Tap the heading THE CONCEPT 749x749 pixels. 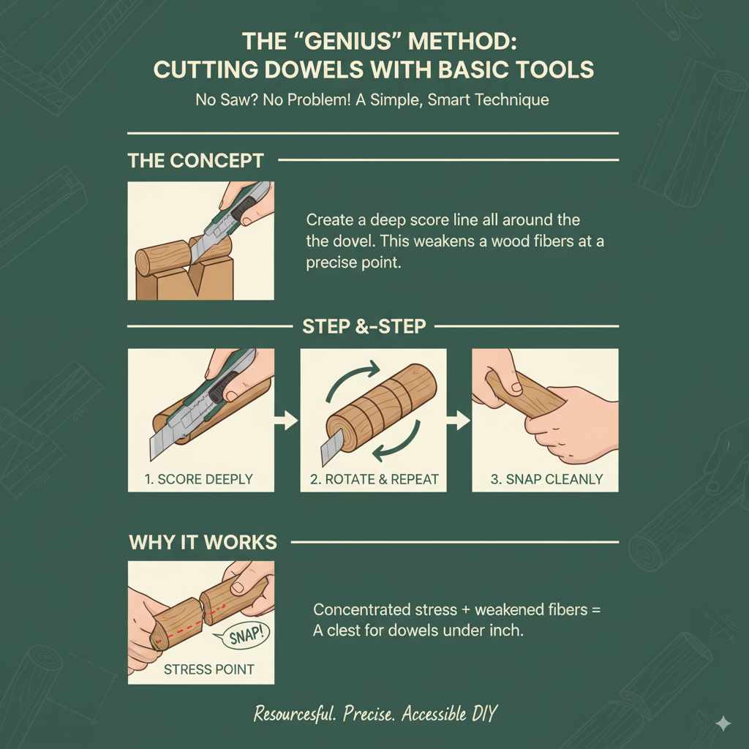(196, 160)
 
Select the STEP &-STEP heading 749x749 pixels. (364, 326)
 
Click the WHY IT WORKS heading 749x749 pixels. (203, 542)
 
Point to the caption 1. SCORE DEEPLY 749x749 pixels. (200, 479)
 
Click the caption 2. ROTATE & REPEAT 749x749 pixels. (373, 479)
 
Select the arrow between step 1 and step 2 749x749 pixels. (287, 421)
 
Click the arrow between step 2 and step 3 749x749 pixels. (459, 421)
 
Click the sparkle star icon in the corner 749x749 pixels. (723, 723)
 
